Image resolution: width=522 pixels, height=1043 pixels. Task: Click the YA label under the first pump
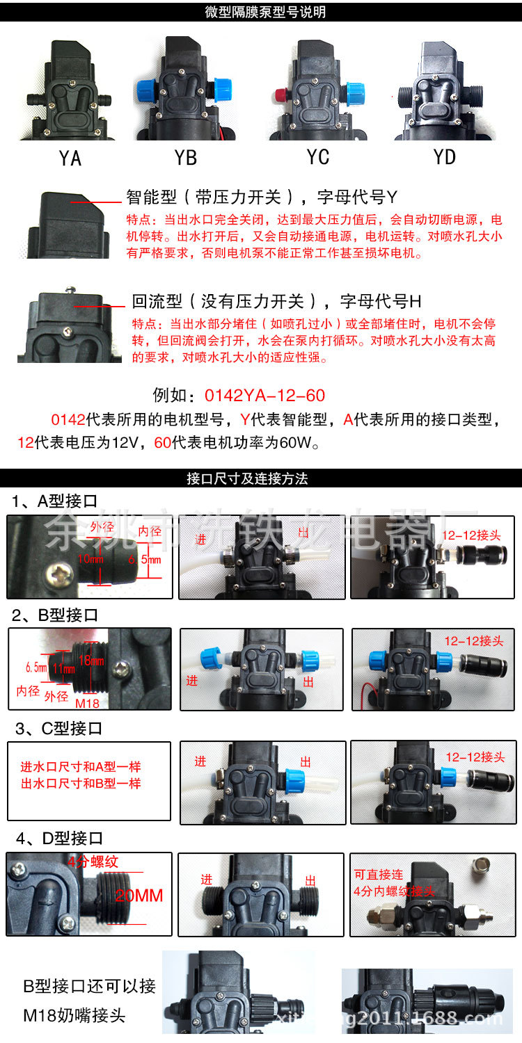70,159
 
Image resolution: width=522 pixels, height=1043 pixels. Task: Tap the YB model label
186,158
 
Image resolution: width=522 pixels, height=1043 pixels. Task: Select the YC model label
318,157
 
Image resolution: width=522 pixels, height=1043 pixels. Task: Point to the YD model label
445,157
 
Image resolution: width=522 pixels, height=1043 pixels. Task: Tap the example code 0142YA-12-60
264,396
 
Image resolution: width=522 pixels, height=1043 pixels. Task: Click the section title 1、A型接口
55,501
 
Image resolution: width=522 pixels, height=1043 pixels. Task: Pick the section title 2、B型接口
55,615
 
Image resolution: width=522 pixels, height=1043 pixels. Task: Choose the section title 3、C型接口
58,729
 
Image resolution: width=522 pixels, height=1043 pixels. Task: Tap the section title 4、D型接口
58,839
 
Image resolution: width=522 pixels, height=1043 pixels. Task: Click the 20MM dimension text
139,896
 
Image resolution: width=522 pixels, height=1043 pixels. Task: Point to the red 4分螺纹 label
93,862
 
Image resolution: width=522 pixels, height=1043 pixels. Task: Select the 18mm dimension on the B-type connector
95,661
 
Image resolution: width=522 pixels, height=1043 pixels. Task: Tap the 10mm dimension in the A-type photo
91,558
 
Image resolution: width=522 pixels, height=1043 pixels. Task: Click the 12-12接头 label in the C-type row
475,757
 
